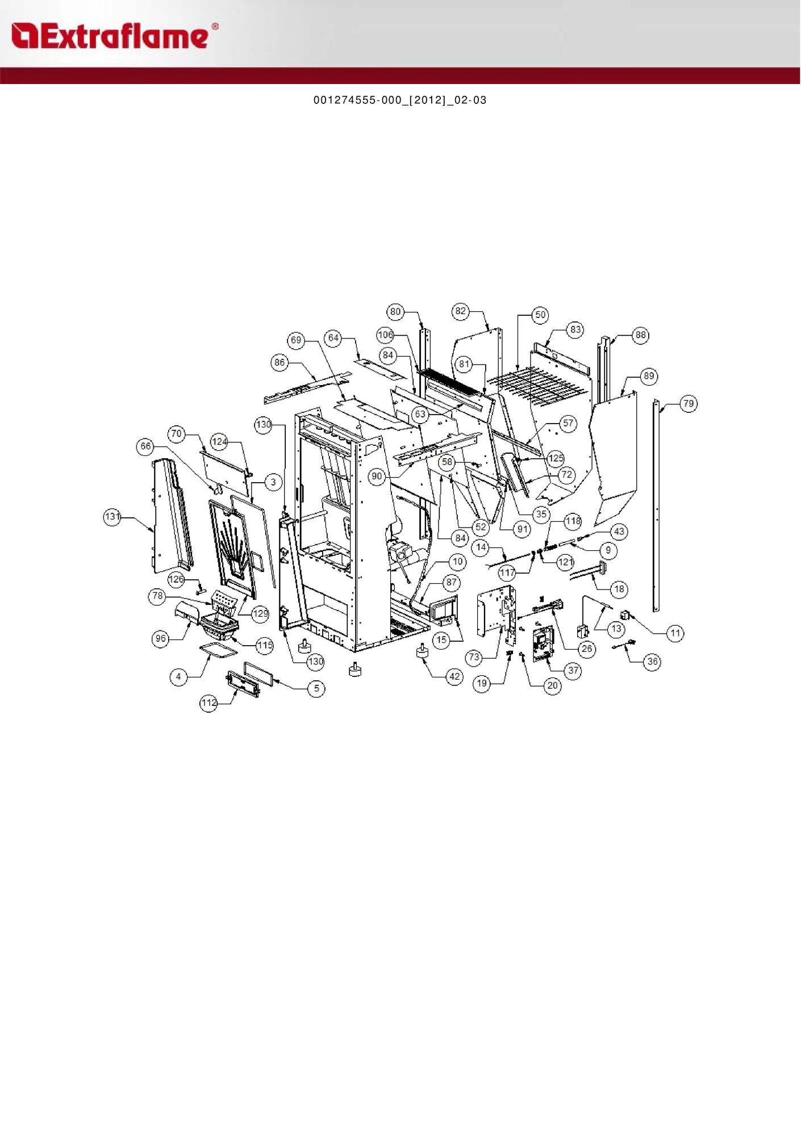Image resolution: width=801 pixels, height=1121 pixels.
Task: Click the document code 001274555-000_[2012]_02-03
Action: pos(400,100)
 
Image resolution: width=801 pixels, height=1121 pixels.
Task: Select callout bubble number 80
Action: pos(395,311)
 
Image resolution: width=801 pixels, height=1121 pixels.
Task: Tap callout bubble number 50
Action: pos(540,315)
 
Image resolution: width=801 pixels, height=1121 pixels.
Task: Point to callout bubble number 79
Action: pos(689,404)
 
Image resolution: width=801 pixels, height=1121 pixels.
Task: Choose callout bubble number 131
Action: pos(112,516)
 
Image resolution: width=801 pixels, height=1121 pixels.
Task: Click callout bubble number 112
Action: pos(208,703)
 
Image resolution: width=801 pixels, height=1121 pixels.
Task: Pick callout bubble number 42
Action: pos(454,676)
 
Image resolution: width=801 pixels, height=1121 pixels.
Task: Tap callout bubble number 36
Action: pos(653,662)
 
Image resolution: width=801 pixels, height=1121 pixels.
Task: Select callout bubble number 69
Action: pos(297,340)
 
